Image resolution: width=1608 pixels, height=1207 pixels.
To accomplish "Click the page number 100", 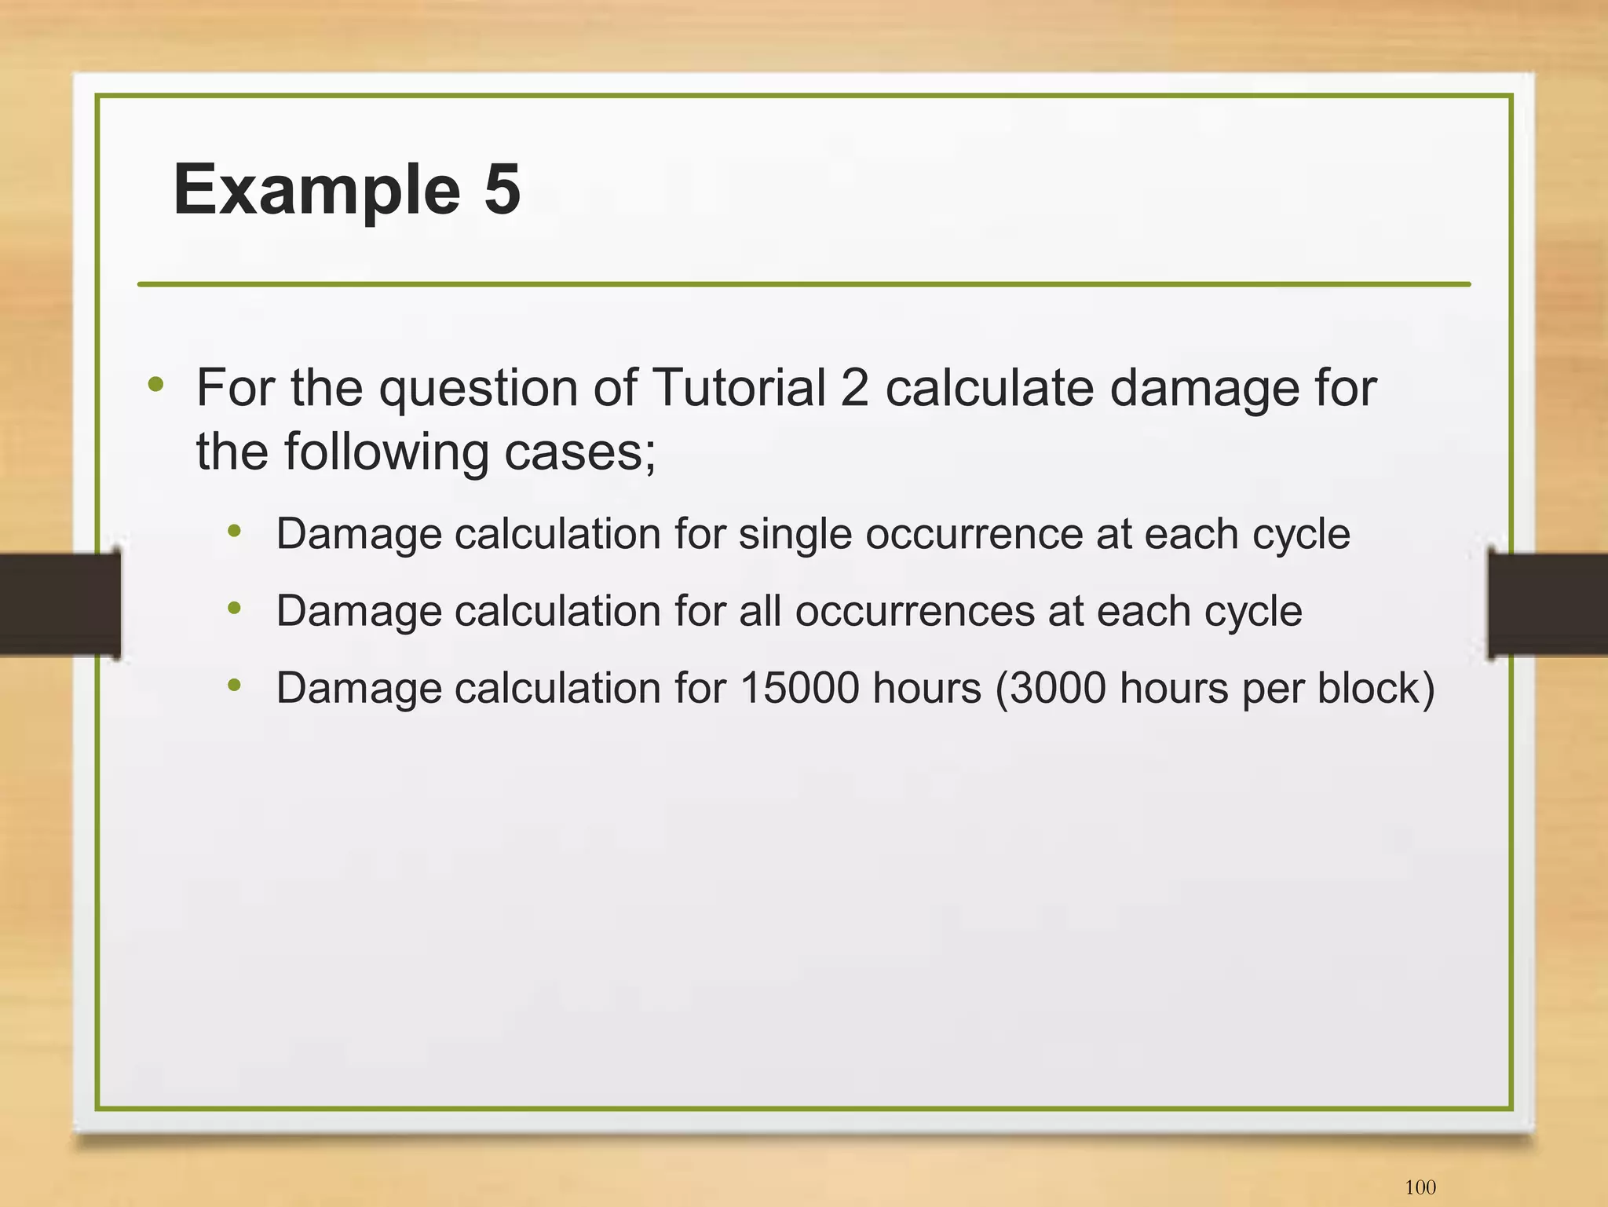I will [x=1420, y=1187].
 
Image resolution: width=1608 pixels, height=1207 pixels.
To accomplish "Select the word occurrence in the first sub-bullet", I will [x=974, y=535].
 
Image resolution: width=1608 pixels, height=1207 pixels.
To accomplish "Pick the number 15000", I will [x=799, y=688].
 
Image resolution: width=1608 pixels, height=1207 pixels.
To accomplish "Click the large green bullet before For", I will [x=156, y=384].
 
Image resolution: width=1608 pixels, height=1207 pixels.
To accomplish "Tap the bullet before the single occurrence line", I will [x=234, y=532].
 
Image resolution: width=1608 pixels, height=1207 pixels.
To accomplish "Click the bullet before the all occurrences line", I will [x=234, y=608].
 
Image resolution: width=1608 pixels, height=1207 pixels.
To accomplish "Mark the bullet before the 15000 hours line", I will [x=234, y=685].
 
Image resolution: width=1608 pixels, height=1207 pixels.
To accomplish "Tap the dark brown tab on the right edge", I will [x=1548, y=603].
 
